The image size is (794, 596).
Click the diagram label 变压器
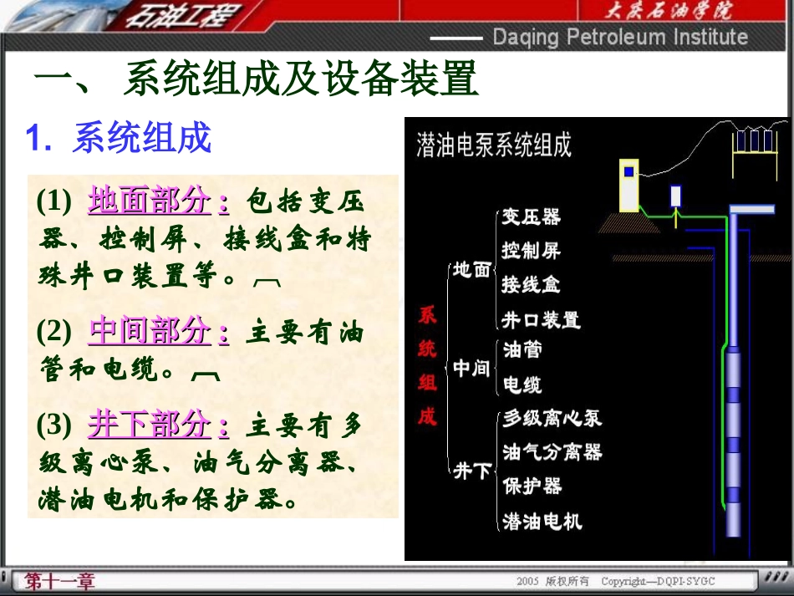pyautogui.click(x=531, y=216)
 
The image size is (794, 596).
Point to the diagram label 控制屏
pyautogui.click(x=531, y=250)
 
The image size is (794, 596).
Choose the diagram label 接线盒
pyautogui.click(x=531, y=284)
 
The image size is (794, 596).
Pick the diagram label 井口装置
pyautogui.click(x=540, y=319)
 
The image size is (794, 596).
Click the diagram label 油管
pyautogui.click(x=522, y=349)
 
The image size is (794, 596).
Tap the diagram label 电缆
pyautogui.click(x=522, y=385)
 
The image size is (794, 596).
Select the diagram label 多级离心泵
pyautogui.click(x=552, y=418)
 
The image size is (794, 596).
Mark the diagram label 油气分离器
pyautogui.click(x=552, y=452)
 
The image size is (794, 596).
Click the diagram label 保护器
pyautogui.click(x=532, y=486)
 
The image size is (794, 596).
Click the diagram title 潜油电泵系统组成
pyautogui.click(x=494, y=145)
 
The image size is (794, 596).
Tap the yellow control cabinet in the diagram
pyautogui.click(x=628, y=185)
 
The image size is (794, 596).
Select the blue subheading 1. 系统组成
pyautogui.click(x=119, y=139)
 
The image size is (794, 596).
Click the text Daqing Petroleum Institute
pyautogui.click(x=619, y=37)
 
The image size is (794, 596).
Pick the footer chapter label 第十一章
pyautogui.click(x=60, y=581)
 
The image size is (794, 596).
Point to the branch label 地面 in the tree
pyautogui.click(x=471, y=270)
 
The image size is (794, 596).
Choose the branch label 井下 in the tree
pyautogui.click(x=471, y=471)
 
